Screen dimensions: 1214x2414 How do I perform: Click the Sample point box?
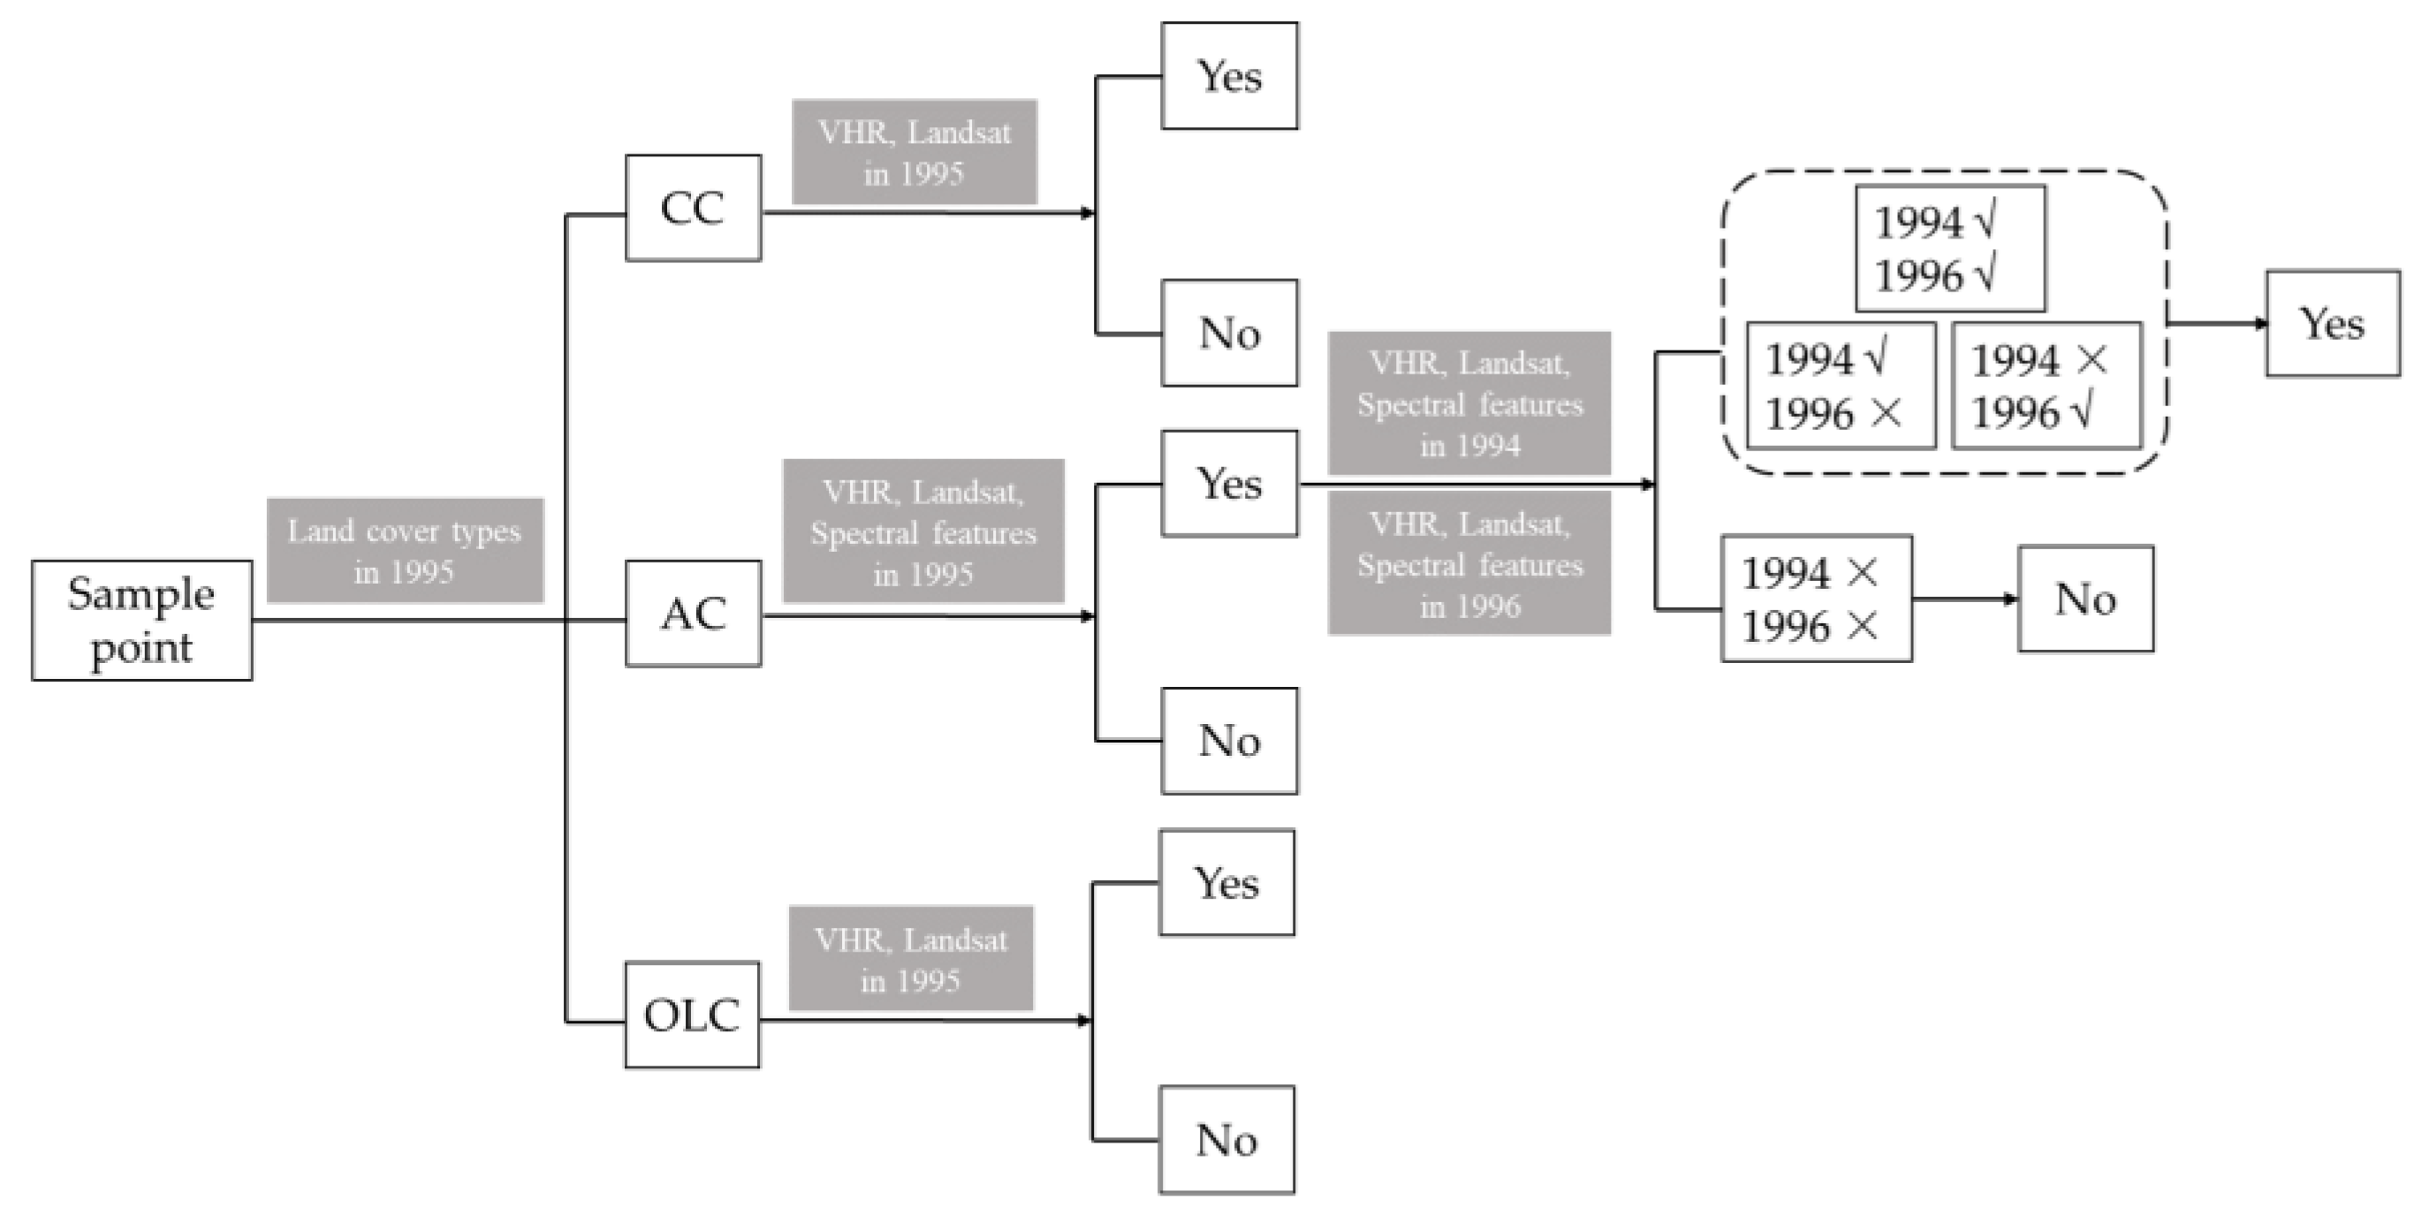tap(141, 620)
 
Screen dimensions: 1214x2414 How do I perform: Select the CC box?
tap(694, 208)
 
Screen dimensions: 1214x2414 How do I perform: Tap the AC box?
tap(694, 614)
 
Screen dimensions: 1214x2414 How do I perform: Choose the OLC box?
tap(693, 1014)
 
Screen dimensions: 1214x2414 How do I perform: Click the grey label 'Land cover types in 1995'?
tap(405, 550)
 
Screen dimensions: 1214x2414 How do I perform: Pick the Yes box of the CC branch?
tap(1229, 76)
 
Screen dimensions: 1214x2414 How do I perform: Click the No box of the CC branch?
tap(1229, 333)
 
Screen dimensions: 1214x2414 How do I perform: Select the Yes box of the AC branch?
tap(1229, 483)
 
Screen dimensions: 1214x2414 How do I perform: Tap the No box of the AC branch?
tap(1229, 741)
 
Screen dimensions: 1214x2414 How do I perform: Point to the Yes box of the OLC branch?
tap(1226, 882)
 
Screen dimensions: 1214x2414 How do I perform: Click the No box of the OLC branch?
tap(1226, 1140)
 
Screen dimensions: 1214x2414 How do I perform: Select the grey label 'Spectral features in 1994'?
tap(1469, 403)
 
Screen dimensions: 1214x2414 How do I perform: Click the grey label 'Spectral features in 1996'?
tap(1469, 564)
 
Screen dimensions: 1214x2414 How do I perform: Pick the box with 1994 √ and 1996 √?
tap(1950, 248)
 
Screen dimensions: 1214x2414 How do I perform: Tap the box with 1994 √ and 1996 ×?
tap(1841, 386)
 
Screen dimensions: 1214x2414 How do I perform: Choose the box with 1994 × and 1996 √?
tap(2046, 386)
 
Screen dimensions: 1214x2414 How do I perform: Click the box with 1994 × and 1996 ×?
tap(1816, 599)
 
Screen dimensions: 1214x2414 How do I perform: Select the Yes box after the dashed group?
tap(2333, 323)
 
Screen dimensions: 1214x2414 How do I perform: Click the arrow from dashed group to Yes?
tap(2217, 324)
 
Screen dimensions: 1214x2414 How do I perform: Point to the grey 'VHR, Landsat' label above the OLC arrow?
tap(911, 958)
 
